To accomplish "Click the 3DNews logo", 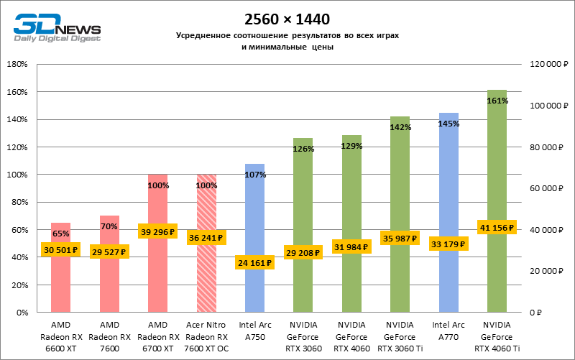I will [x=55, y=27].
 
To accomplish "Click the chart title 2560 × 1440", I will [x=288, y=19].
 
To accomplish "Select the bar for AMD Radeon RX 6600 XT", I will [x=60, y=280].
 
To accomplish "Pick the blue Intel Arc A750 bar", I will [x=255, y=216].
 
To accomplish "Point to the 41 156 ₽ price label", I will [x=497, y=227].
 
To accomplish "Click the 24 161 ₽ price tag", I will [x=254, y=263].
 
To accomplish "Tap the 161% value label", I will [x=497, y=101].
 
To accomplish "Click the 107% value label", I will [x=255, y=175].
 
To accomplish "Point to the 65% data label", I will [x=60, y=234].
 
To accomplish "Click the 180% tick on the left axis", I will [x=17, y=65].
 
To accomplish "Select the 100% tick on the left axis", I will [x=17, y=175].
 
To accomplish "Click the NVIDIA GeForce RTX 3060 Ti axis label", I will [x=400, y=336].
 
